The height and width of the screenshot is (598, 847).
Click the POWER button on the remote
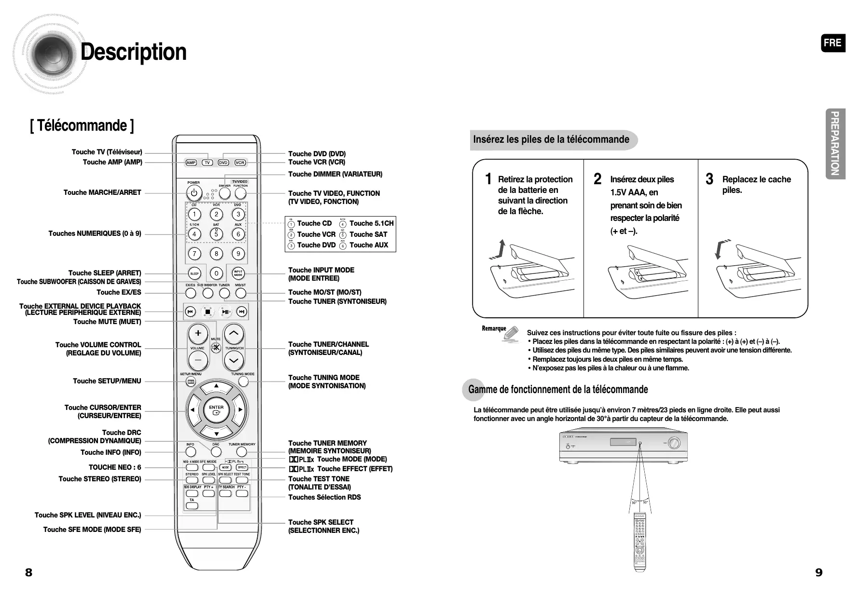point(194,193)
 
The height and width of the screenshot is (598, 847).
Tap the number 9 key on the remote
point(238,254)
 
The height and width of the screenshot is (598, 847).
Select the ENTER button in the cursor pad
point(216,410)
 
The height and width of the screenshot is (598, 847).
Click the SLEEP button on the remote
point(194,273)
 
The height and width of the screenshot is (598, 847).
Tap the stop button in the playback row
point(208,312)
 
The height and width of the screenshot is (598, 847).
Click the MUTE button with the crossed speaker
point(216,347)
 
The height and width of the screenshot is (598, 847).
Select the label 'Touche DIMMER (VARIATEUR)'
point(335,174)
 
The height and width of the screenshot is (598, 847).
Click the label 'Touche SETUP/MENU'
point(107,381)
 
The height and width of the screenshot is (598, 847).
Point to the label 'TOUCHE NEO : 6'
point(115,467)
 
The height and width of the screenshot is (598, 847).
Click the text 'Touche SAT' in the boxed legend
point(368,234)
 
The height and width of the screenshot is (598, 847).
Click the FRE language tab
point(833,43)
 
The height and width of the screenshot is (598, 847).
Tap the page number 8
point(29,572)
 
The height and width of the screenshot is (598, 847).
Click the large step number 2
point(597,179)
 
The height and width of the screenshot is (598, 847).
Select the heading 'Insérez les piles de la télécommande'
point(551,140)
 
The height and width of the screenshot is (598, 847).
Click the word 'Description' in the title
point(134,52)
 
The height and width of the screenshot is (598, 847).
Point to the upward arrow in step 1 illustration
point(502,248)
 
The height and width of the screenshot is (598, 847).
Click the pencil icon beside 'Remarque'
point(511,334)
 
